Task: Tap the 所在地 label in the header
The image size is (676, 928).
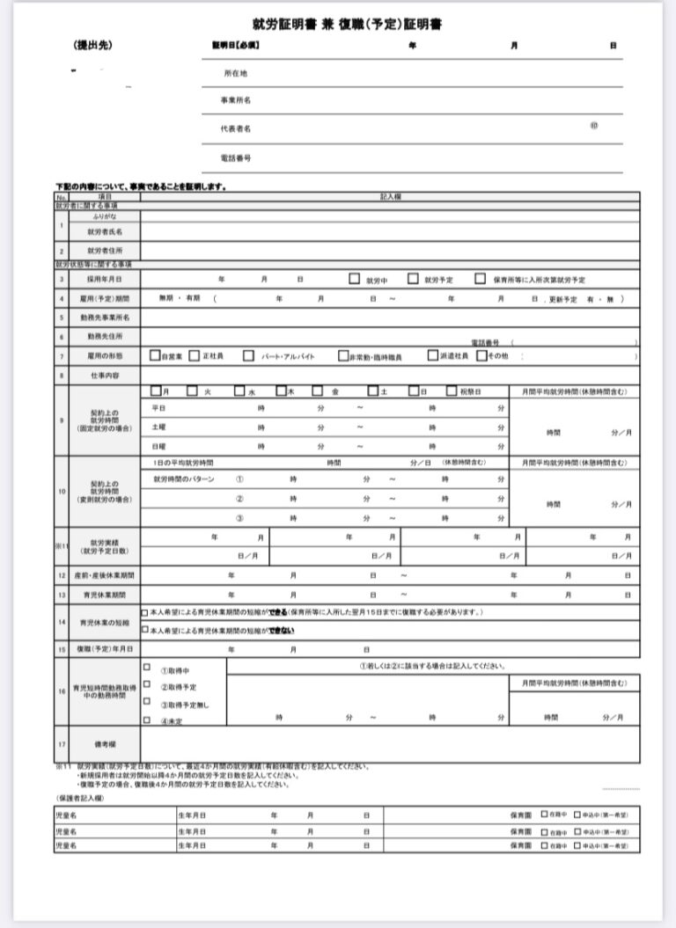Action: [235, 74]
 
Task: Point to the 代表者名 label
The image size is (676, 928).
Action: [235, 129]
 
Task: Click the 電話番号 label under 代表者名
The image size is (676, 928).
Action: [235, 158]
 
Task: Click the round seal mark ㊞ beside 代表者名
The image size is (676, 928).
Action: [594, 126]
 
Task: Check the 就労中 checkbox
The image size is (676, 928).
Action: [355, 279]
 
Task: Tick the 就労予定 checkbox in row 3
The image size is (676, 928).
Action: [413, 279]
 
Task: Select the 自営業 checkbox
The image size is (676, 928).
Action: [154, 356]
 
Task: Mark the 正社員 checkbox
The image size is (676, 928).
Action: [195, 356]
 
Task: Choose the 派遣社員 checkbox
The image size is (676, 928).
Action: [433, 356]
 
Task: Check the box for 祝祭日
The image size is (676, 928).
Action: [452, 391]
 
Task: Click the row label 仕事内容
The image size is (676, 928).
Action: [103, 376]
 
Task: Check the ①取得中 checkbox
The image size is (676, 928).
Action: [147, 667]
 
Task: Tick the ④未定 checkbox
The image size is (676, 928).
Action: [147, 720]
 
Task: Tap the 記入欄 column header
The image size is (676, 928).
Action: [390, 198]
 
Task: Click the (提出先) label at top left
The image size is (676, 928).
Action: [93, 46]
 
